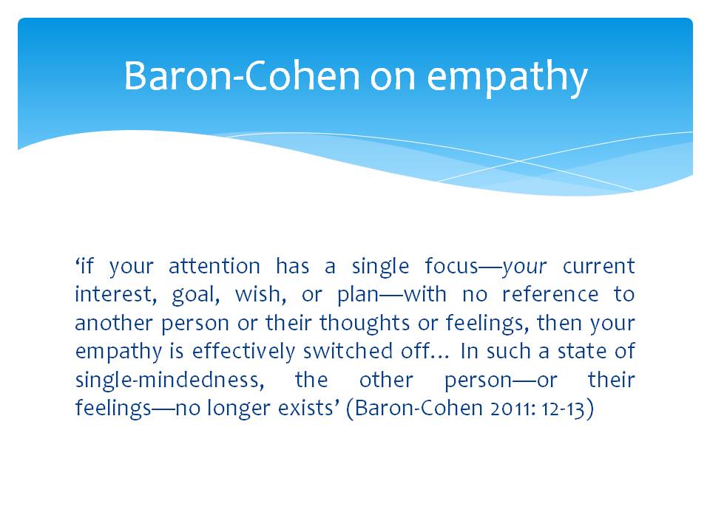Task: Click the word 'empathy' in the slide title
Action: point(507,78)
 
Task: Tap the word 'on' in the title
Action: point(393,77)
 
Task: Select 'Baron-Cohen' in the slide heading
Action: point(241,75)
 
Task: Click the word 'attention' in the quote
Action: point(214,266)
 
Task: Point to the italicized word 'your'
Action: point(524,267)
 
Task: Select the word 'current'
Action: point(598,266)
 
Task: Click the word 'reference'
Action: point(550,295)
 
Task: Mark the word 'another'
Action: point(114,323)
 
